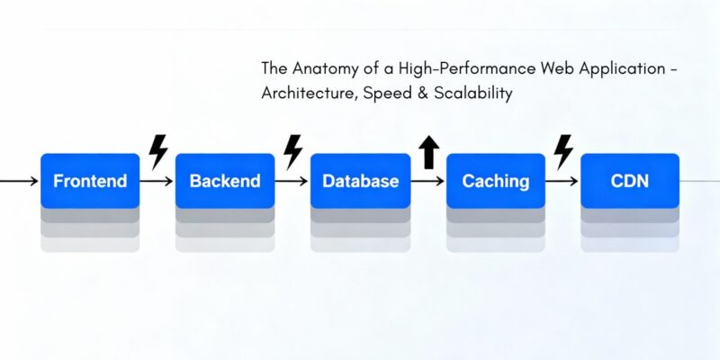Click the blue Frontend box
[90, 181]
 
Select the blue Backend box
[225, 181]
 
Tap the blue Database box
[360, 181]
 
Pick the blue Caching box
[495, 181]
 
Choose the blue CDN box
[630, 181]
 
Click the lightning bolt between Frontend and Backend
[157, 151]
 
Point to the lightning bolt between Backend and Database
[292, 151]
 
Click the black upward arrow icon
[428, 153]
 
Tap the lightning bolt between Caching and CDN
[563, 151]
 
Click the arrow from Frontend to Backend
[157, 181]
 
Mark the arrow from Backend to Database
[292, 181]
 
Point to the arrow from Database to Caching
[427, 181]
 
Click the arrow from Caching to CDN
[562, 181]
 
